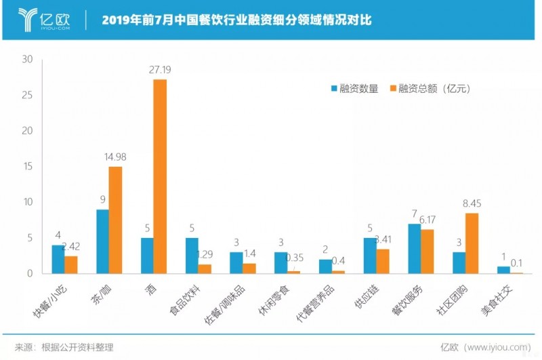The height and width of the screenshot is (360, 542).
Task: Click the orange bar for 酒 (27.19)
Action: pyautogui.click(x=160, y=176)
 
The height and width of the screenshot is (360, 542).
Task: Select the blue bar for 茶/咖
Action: pyautogui.click(x=102, y=241)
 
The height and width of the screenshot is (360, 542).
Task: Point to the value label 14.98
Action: pyautogui.click(x=116, y=158)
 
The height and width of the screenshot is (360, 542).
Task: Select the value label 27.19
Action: pyautogui.click(x=160, y=69)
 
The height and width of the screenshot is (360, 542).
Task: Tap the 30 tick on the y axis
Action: pyautogui.click(x=27, y=60)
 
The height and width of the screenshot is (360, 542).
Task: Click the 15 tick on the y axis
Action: pyautogui.click(x=27, y=167)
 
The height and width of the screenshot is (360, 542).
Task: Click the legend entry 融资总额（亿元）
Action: pyautogui.click(x=430, y=89)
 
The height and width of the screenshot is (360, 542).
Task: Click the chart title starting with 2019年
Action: pyautogui.click(x=236, y=20)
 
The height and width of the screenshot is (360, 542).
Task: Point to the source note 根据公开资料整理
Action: pyautogui.click(x=75, y=346)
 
